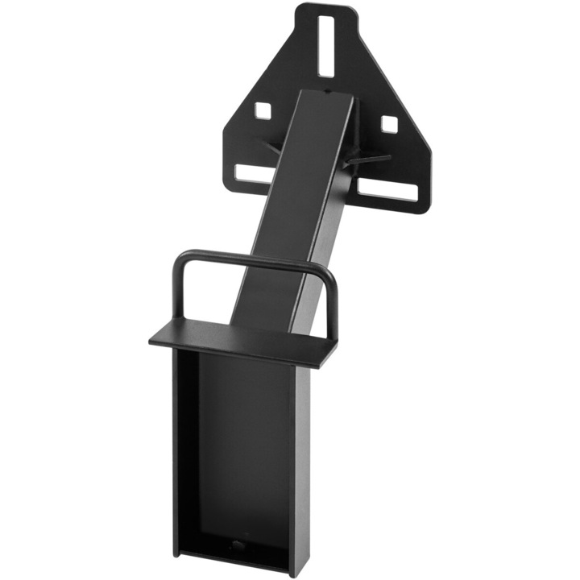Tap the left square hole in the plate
tap(263, 109)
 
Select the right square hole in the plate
tap(388, 123)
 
